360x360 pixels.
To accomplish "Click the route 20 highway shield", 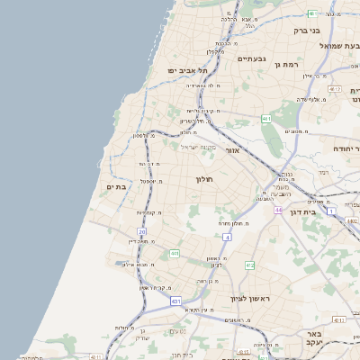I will click(x=142, y=232).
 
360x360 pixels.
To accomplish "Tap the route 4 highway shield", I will click(x=228, y=237).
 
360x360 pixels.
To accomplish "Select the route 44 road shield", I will click(x=279, y=210).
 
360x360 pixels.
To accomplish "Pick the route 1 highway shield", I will click(x=331, y=211).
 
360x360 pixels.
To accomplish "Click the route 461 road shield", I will click(x=266, y=118).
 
